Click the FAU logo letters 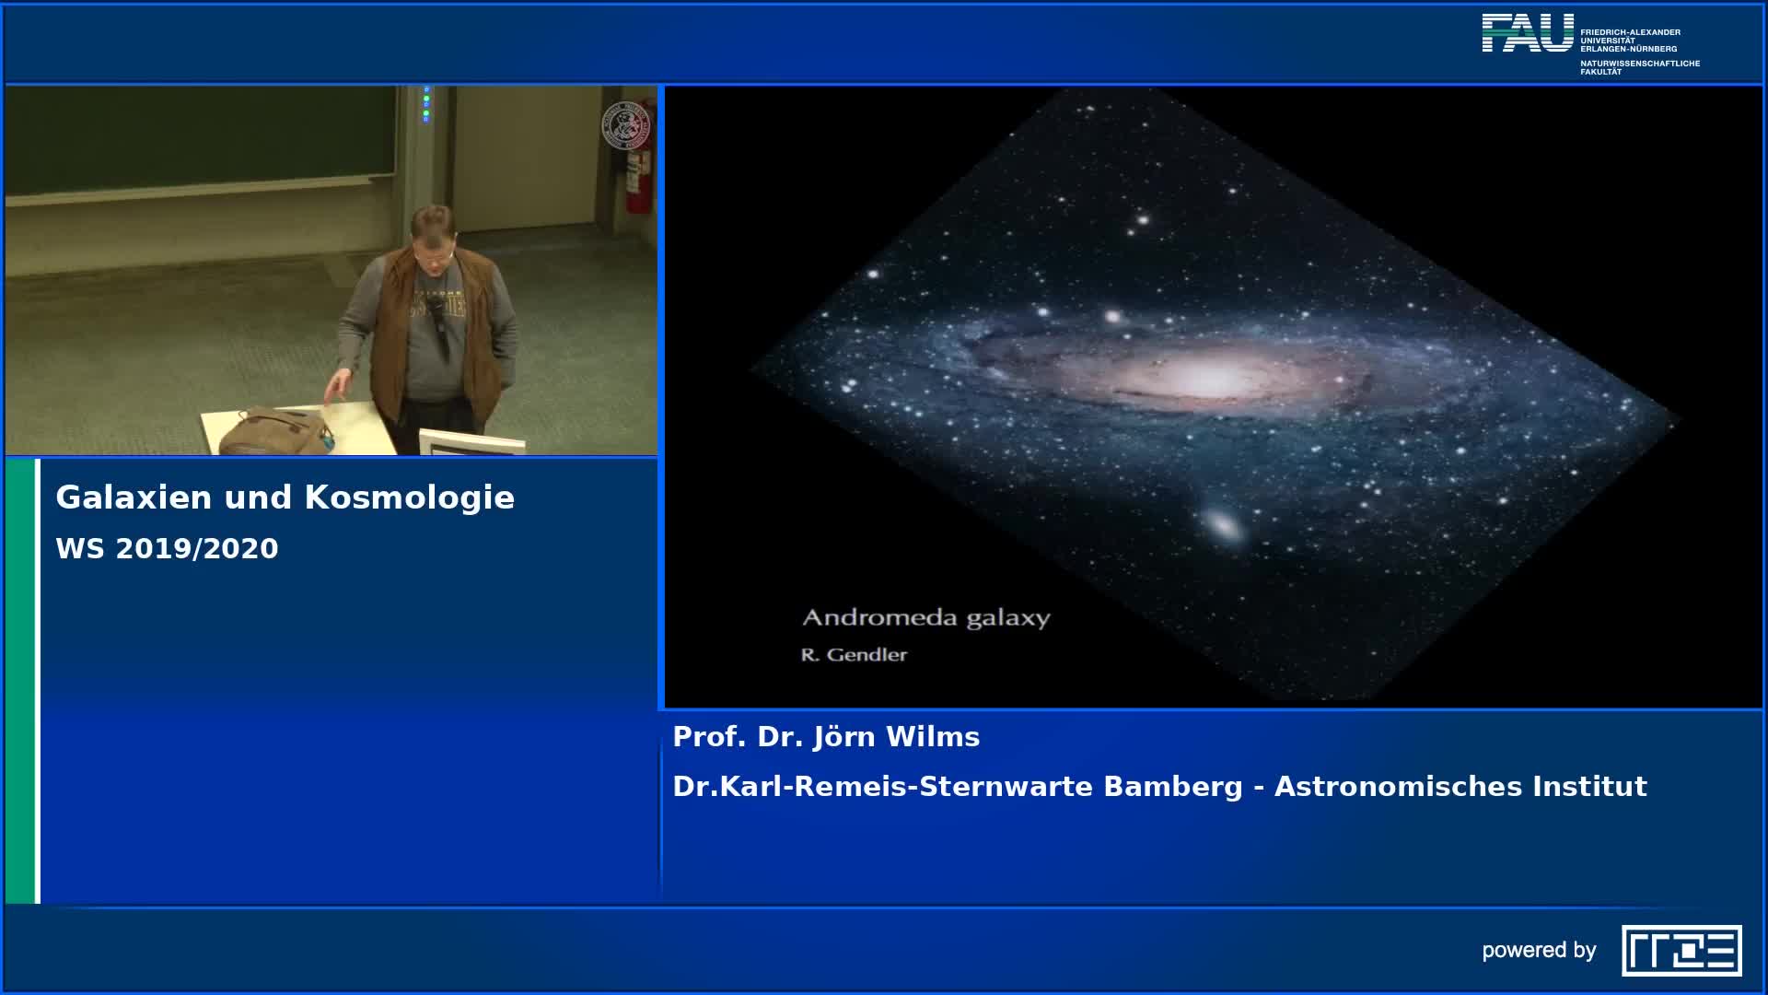tap(1528, 33)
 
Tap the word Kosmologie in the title tap(409, 497)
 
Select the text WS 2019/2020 tap(167, 548)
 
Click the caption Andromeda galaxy tap(925, 617)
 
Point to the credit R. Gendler tap(854, 655)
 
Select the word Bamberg tap(1172, 787)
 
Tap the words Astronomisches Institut tap(1460, 787)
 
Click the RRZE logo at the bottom tap(1681, 950)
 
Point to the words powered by tap(1539, 950)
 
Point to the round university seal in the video tap(625, 124)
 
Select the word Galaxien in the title tap(134, 497)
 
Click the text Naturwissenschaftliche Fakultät tap(1639, 67)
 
